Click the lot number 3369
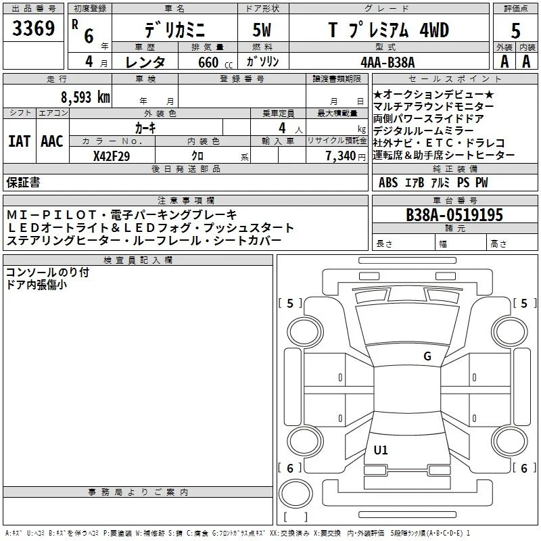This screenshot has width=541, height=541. coord(33,28)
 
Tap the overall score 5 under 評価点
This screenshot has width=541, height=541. coord(515,31)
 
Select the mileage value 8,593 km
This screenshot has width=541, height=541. coord(86,97)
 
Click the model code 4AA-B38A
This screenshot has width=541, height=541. coord(387,62)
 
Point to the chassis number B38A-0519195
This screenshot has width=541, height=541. coord(454,215)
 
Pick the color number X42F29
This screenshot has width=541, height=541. coord(112,156)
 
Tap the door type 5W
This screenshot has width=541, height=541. coord(262,30)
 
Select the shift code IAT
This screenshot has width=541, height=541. coord(19,141)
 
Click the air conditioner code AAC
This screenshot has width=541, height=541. coord(52,141)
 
